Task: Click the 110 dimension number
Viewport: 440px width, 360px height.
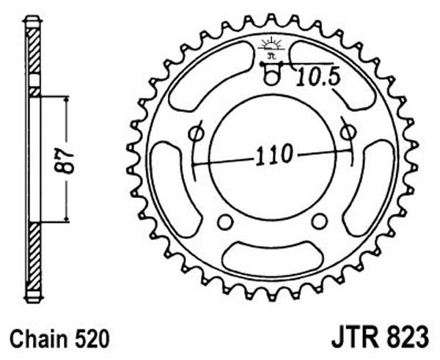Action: point(274,155)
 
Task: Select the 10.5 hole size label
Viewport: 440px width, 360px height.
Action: point(318,76)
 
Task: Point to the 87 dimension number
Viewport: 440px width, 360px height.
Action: point(63,161)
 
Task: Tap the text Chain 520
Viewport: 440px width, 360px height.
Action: point(59,339)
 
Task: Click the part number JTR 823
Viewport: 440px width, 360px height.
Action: point(380,337)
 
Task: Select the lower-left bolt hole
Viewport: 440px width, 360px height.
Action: point(225,222)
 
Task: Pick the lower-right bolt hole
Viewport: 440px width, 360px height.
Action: point(320,221)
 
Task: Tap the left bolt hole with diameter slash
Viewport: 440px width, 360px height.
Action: point(196,133)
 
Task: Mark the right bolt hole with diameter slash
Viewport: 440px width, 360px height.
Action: point(348,131)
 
